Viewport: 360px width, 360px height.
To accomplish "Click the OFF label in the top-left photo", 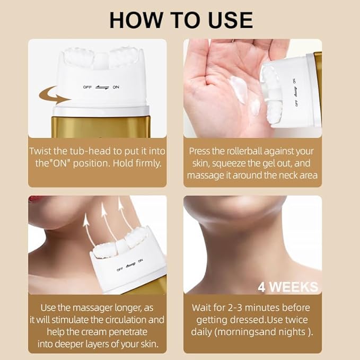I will pyautogui.click(x=87, y=86).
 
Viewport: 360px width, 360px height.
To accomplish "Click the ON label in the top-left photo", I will pyautogui.click(x=116, y=86).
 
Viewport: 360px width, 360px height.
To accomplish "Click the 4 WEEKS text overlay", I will pyautogui.click(x=288, y=287).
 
